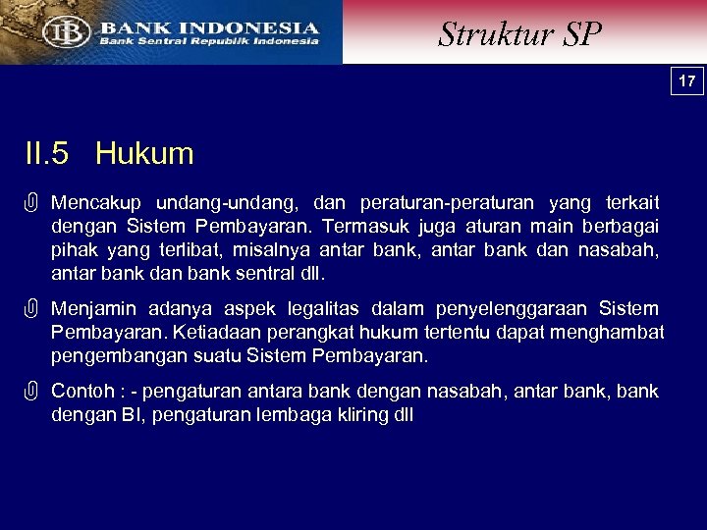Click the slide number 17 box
(x=687, y=81)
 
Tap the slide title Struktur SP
(x=519, y=34)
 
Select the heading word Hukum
(x=144, y=154)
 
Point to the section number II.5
(x=47, y=154)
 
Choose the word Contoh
(x=82, y=392)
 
